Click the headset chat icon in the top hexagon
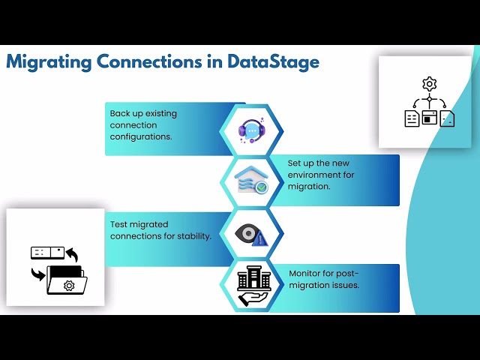pos(252,130)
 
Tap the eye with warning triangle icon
pos(251,235)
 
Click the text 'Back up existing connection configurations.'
pos(143,125)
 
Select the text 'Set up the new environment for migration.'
pos(321,175)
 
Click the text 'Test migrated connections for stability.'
pos(160,230)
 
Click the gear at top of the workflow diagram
pos(429,83)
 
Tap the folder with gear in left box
pos(67,280)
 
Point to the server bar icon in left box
pos(46,253)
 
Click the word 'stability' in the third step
pos(192,236)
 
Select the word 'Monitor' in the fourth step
pos(307,274)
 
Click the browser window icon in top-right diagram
pos(430,118)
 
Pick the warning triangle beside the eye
pos(260,238)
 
